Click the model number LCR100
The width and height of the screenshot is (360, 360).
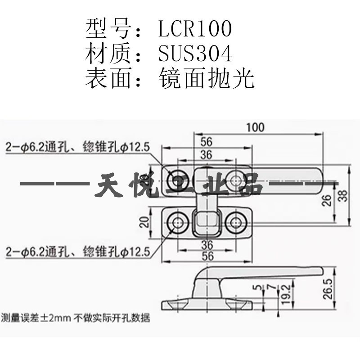tap(195, 29)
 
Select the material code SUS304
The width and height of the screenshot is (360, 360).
tap(195, 54)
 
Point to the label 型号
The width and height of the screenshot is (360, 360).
tap(107, 29)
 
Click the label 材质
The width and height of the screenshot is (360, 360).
tap(107, 54)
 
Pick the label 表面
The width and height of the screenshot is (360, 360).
tap(107, 79)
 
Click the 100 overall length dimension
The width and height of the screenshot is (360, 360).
tap(255, 127)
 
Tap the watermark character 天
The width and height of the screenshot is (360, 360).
tap(110, 185)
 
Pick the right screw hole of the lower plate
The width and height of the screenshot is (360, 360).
tap(235, 221)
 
